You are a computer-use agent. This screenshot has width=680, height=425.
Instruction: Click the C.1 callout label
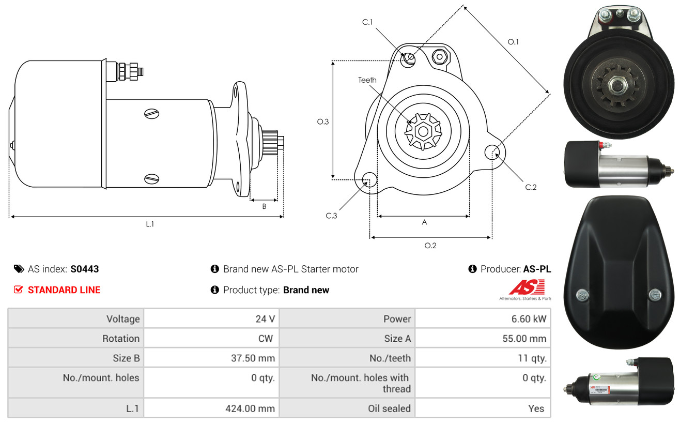367,22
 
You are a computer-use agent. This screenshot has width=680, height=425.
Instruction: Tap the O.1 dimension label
513,42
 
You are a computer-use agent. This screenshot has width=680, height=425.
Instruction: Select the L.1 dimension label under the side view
150,224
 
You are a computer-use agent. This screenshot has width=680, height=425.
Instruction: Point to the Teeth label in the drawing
367,80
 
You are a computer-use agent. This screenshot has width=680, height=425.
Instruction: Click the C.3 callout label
331,216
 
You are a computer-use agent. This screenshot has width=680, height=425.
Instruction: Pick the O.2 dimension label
430,246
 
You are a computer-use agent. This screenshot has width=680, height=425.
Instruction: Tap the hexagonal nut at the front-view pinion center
423,131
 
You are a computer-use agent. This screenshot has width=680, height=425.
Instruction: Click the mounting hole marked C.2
492,153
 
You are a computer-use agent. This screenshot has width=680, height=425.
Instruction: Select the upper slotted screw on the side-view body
152,114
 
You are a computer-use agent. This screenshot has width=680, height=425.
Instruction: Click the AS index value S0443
84,269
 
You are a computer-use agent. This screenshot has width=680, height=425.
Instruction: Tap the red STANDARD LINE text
64,290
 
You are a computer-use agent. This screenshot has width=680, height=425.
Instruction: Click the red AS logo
527,287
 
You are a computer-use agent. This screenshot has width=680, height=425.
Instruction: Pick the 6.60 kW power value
529,319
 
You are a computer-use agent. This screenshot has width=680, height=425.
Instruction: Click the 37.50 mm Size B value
253,358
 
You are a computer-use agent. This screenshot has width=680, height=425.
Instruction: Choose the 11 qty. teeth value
532,358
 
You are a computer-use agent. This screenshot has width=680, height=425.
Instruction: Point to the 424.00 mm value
250,408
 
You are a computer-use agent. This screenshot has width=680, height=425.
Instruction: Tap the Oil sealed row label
389,408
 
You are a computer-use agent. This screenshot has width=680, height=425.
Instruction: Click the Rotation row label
121,339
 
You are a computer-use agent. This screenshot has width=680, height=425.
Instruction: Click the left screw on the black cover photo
582,294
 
